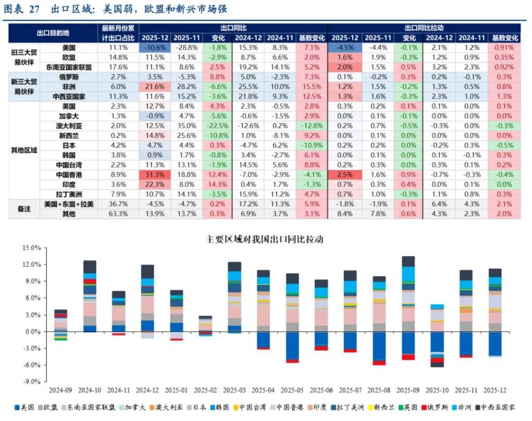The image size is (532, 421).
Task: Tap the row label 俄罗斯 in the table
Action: (69, 77)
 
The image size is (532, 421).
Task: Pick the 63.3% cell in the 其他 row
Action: (118, 213)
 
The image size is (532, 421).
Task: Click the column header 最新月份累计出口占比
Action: (118, 32)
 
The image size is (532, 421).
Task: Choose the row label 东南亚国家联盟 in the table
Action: (69, 67)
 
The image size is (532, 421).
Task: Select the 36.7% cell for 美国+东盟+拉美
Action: (118, 203)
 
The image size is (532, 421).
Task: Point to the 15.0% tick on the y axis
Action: (32, 248)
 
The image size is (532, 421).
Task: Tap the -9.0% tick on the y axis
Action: (32, 382)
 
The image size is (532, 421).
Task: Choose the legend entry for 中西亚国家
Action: (504, 408)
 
